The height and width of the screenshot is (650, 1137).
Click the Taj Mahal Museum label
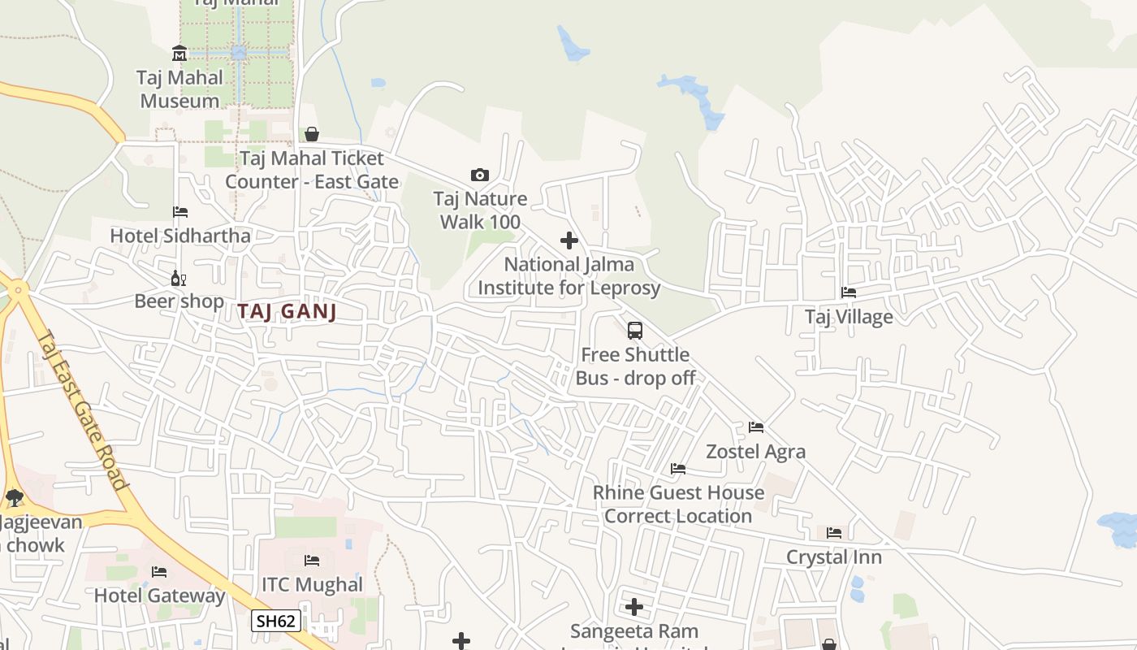[x=179, y=89]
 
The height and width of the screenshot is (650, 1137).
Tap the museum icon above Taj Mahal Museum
[x=179, y=54]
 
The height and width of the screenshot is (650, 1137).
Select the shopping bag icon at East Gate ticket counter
[x=312, y=134]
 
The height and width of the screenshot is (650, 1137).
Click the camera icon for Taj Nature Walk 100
[x=480, y=175]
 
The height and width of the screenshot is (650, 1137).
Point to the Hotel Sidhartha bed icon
[x=180, y=212]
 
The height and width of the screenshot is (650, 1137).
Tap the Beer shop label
[x=179, y=301]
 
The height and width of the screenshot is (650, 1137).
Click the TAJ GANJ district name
[x=287, y=311]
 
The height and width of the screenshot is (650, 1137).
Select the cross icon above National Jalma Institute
[x=569, y=240]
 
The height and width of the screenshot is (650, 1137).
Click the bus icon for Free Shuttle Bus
[x=635, y=331]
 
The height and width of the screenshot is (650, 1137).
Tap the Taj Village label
[x=849, y=317]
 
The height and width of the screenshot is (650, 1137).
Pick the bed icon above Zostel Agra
[x=756, y=427]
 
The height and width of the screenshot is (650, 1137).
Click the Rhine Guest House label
[x=678, y=504]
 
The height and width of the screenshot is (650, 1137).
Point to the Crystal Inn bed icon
[x=834, y=533]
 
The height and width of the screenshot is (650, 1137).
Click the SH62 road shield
[x=276, y=622]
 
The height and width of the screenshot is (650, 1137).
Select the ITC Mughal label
[x=312, y=585]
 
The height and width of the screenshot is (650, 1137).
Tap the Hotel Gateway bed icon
[x=159, y=572]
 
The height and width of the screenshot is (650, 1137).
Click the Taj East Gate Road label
[x=84, y=409]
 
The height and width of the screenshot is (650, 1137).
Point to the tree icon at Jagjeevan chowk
[x=14, y=497]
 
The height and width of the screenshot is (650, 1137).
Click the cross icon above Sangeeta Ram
[x=634, y=607]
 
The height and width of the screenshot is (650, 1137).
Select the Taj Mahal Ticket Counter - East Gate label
[x=312, y=170]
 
